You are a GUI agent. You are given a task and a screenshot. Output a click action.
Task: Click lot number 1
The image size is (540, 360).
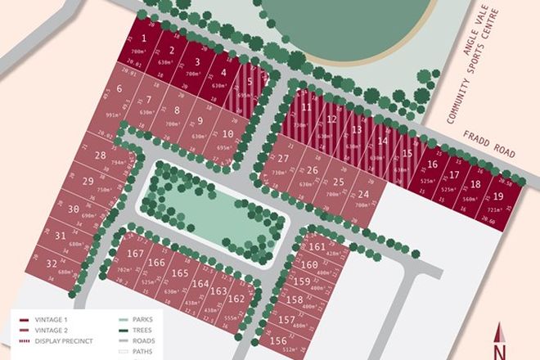[x=144, y=38]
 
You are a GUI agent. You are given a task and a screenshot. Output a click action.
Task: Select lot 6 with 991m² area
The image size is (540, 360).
[x=120, y=90]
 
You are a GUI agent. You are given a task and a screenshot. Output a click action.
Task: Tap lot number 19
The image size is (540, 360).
[x=498, y=196]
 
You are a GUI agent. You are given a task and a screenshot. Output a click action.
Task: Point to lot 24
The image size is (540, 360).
[x=362, y=194]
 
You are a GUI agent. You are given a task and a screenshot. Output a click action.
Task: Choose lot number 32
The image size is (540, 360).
[x=52, y=263]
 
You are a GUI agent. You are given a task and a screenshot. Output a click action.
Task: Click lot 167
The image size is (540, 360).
[x=136, y=254]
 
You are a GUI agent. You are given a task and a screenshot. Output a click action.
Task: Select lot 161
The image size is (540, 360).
[x=318, y=245]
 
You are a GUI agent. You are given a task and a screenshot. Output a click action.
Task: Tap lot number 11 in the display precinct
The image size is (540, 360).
[x=306, y=107]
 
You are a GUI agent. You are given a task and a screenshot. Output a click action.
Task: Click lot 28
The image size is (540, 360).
[x=101, y=155]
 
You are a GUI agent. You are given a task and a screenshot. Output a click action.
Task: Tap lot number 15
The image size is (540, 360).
[x=407, y=154]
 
